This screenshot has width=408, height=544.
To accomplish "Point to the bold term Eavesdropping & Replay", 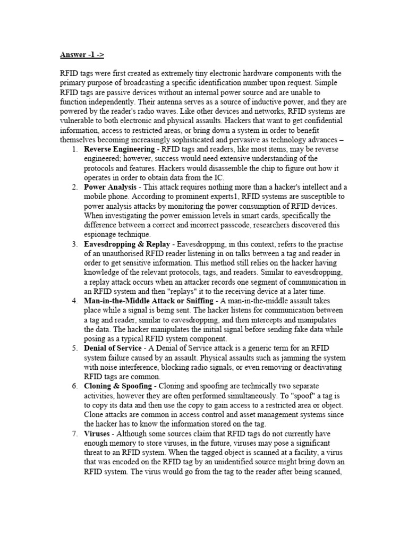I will coord(127,244).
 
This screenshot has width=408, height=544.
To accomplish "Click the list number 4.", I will coord(74,301).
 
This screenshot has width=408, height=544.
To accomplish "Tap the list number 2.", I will coord(74,188).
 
